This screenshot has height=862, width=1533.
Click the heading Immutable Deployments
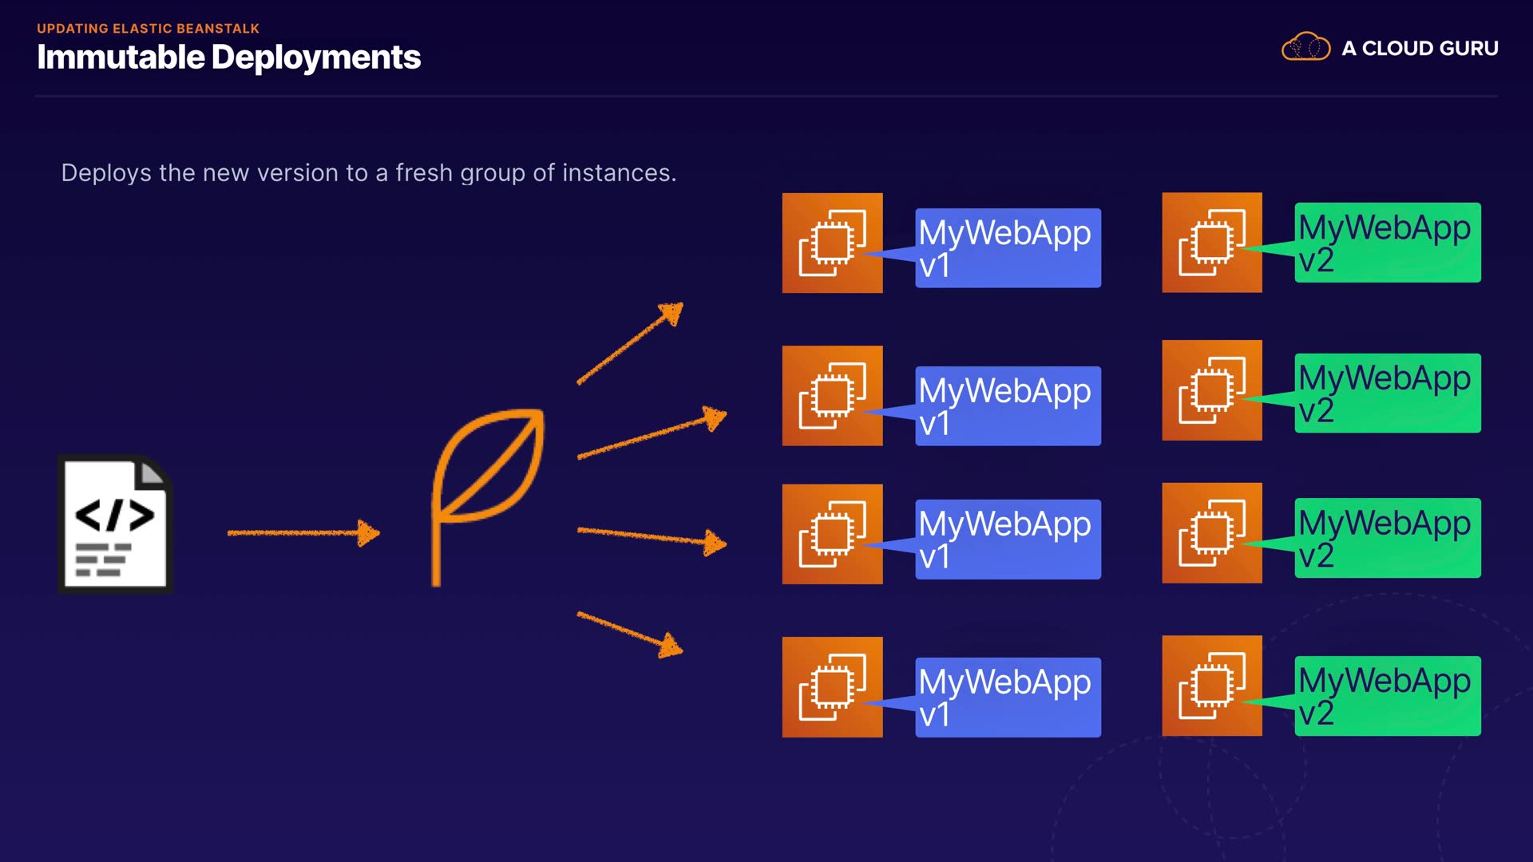click(x=228, y=57)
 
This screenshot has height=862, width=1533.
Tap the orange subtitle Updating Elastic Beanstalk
click(x=148, y=29)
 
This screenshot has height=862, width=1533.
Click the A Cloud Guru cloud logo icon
click(x=1305, y=48)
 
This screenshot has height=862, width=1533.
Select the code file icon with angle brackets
click(x=115, y=524)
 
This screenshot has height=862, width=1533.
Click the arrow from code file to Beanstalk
click(x=303, y=532)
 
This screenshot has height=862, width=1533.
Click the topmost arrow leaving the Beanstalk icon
click(x=630, y=343)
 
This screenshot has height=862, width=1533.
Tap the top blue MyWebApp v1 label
click(x=1008, y=248)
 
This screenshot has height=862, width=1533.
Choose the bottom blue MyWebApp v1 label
click(x=1008, y=697)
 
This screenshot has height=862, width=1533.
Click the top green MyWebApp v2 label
click(x=1387, y=243)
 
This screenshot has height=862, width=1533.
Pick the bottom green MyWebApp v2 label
click(x=1387, y=696)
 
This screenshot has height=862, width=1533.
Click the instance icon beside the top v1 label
click(x=832, y=243)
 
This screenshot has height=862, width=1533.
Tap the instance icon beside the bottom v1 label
click(x=832, y=687)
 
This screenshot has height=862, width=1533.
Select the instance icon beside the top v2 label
click(x=1212, y=242)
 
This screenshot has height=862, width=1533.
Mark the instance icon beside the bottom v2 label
click(x=1212, y=686)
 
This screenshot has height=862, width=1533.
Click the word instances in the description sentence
click(x=618, y=173)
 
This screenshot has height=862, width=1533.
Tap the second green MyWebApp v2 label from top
click(x=1387, y=393)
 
